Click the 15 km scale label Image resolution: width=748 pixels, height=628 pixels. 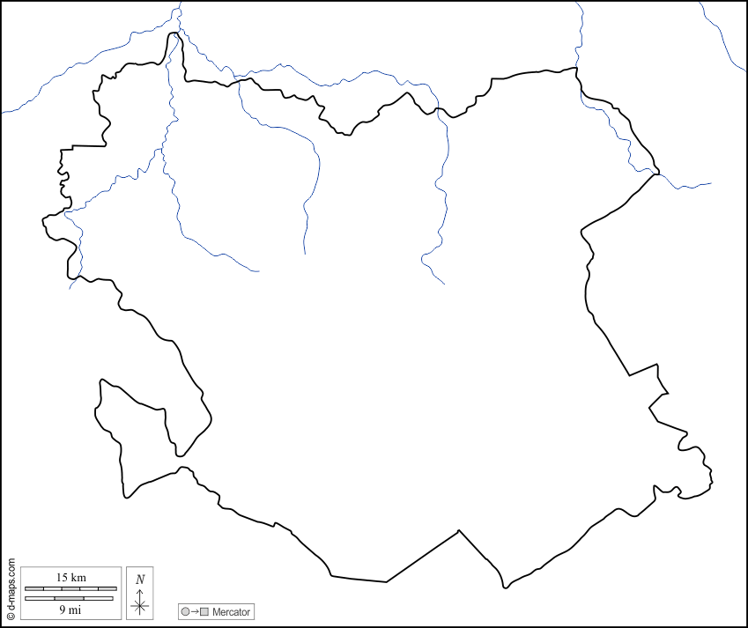70,577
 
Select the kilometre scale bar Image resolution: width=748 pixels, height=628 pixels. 70,588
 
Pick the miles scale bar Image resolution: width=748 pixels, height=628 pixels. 70,598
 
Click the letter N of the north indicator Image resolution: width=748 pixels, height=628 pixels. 140,579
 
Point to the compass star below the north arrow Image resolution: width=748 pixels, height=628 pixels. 139,605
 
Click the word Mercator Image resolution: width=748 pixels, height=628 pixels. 231,611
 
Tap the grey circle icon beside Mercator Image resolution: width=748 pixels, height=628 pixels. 185,611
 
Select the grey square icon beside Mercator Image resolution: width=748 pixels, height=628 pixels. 205,611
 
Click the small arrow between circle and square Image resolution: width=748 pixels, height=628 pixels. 195,611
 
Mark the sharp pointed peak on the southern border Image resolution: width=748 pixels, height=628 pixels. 459,531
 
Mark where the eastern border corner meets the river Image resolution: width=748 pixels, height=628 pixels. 656,174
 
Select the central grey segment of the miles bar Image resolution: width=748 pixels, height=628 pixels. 70,598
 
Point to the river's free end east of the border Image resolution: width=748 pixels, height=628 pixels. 710,184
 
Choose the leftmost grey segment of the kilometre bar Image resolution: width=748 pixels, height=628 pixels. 33,588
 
